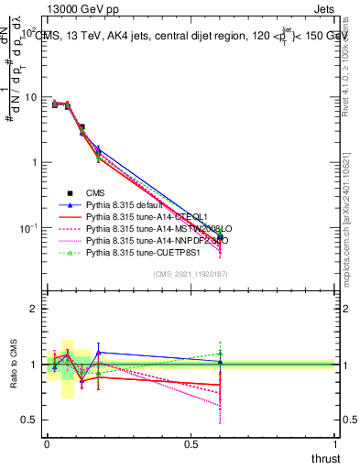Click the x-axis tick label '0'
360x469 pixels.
48,443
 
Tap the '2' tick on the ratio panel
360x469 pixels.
34,310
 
